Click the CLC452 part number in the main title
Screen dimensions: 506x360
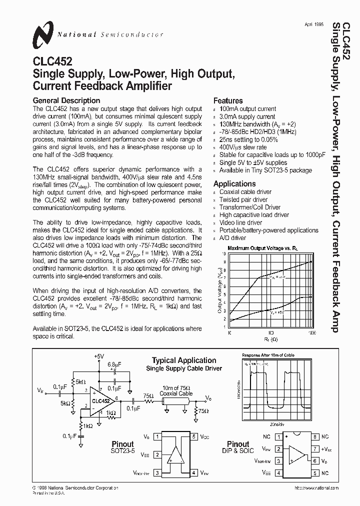(x=52, y=62)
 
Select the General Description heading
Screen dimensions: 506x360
(x=66, y=100)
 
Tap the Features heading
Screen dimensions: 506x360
(x=228, y=100)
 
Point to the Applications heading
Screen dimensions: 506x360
(x=234, y=183)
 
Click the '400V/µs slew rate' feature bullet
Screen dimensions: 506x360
(x=243, y=147)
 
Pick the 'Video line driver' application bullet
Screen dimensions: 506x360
(x=240, y=222)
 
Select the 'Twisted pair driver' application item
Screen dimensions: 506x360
(x=243, y=199)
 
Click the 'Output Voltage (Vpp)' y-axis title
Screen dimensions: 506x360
(x=219, y=290)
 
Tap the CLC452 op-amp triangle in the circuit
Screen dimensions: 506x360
(x=101, y=400)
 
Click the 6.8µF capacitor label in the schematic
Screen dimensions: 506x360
(x=114, y=364)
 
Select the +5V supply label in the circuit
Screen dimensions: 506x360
(x=98, y=356)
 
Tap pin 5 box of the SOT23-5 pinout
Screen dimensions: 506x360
(x=193, y=436)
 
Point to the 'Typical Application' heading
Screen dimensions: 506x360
(x=184, y=360)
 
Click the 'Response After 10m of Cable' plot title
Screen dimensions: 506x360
(x=268, y=355)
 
